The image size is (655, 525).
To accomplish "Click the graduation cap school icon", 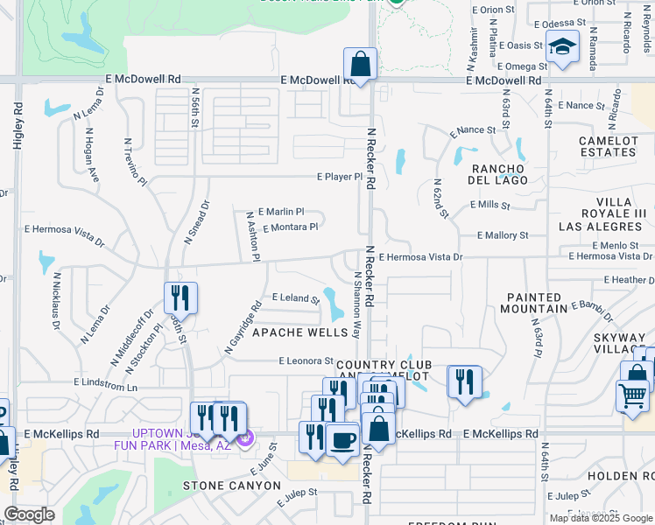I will pyautogui.click(x=561, y=47).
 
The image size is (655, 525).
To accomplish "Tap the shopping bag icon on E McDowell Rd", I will pyautogui.click(x=360, y=64).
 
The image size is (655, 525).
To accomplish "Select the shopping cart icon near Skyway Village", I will pyautogui.click(x=632, y=395).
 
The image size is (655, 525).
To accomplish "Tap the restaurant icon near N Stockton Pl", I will pyautogui.click(x=180, y=297).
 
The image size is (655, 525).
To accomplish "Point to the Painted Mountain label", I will pyautogui.click(x=536, y=304).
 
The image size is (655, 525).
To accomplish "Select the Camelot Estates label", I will pyautogui.click(x=608, y=146).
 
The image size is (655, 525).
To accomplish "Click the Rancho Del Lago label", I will pyautogui.click(x=500, y=174).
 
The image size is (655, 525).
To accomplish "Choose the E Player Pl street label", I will pyautogui.click(x=339, y=177).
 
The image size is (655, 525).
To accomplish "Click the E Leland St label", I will pyautogui.click(x=296, y=298).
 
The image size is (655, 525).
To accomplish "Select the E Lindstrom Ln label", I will pyautogui.click(x=107, y=383).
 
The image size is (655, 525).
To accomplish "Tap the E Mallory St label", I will pyautogui.click(x=503, y=235).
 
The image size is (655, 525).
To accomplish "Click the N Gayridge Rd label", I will pyautogui.click(x=243, y=327).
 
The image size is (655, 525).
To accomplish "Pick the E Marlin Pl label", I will pyautogui.click(x=281, y=212).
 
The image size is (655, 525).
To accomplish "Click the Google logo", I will pyautogui.click(x=29, y=514).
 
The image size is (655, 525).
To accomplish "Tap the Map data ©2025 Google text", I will pyautogui.click(x=600, y=518).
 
